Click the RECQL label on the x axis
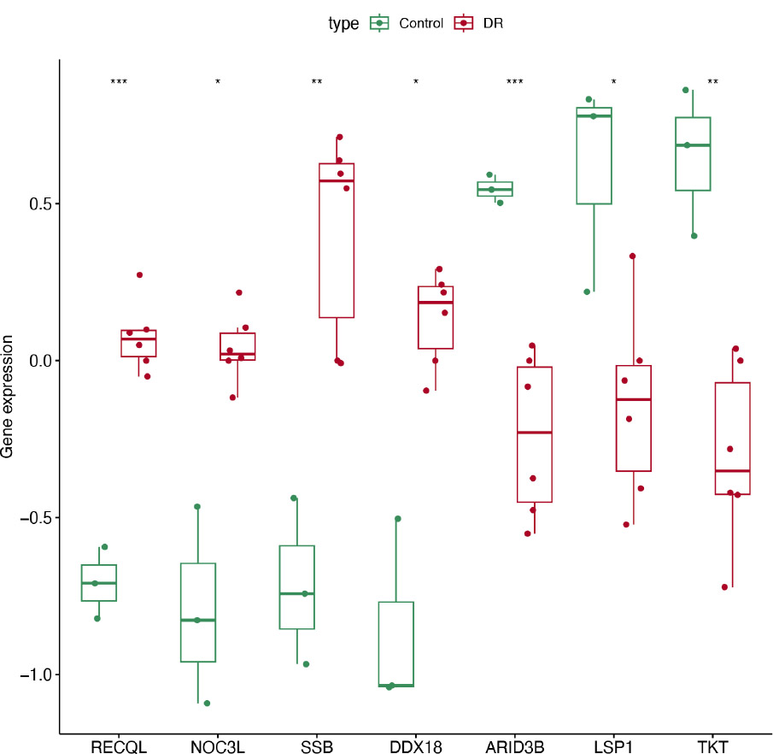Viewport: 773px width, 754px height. coord(119,746)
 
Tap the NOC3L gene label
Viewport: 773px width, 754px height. coord(218,746)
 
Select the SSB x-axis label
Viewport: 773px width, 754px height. coord(316,746)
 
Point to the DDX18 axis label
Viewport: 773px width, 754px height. coord(415,746)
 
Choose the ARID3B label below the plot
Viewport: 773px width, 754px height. coord(514,746)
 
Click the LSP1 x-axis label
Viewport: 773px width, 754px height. coord(613,746)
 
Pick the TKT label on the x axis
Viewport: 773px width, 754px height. coord(712,746)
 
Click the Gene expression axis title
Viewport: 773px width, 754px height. coord(8,396)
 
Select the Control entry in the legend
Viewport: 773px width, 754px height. coord(421,24)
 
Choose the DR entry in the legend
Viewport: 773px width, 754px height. coord(493,24)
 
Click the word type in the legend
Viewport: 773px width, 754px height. coord(343,24)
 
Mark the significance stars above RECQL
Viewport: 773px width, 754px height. coord(119,82)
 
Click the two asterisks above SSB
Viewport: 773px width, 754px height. coord(317,82)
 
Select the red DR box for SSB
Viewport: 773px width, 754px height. coord(337,239)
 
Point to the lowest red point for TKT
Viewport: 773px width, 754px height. coord(724,587)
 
